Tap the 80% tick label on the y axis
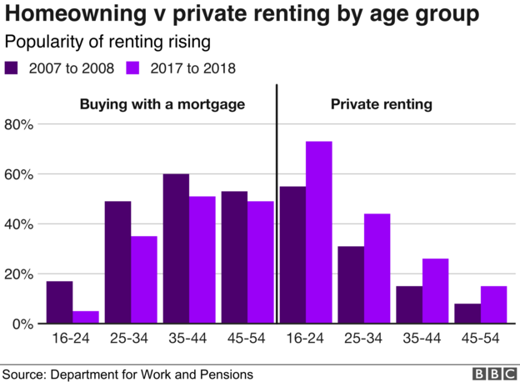click(19, 125)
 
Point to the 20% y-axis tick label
click(19, 274)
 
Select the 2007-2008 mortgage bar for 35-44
click(176, 249)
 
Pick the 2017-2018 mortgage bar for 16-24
click(85, 317)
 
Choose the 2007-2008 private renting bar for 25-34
click(350, 284)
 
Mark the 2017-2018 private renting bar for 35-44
click(435, 291)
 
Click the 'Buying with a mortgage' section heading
click(162, 105)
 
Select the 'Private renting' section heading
click(381, 105)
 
